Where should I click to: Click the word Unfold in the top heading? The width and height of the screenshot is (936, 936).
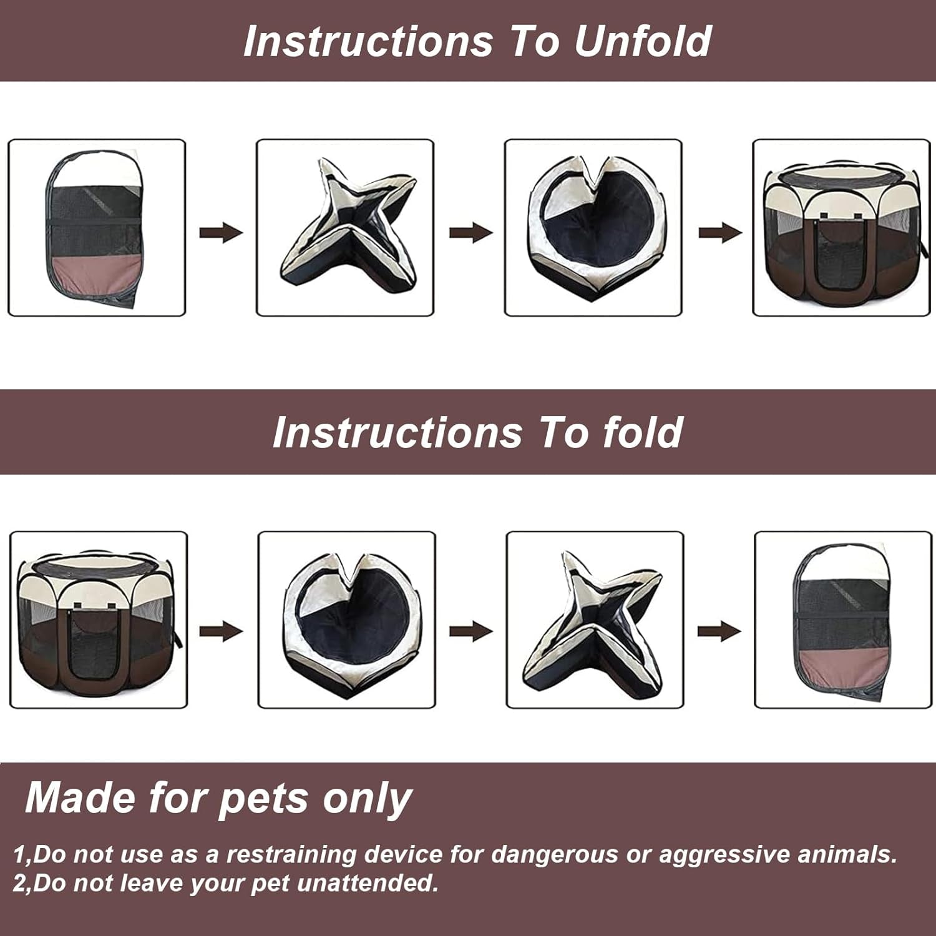[x=643, y=41]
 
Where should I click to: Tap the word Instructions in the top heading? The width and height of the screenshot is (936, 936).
[x=368, y=41]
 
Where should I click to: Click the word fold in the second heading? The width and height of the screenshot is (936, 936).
[x=643, y=432]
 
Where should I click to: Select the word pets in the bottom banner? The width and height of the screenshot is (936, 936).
[x=261, y=798]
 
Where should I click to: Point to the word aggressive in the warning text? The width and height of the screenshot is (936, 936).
[x=724, y=854]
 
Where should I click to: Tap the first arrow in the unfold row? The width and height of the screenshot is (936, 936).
[x=221, y=233]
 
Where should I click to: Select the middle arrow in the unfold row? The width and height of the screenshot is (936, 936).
[x=470, y=233]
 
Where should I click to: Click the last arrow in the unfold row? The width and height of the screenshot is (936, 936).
[x=720, y=233]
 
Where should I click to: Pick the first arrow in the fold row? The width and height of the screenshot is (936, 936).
[x=221, y=631]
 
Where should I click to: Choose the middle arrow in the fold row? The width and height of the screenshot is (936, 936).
[x=470, y=631]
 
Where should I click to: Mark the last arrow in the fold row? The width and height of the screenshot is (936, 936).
[x=719, y=631]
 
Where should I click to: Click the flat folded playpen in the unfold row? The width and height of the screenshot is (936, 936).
[x=97, y=228]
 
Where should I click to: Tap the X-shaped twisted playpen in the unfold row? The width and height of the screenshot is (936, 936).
[x=345, y=228]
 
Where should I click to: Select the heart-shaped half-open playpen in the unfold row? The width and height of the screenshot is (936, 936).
[x=593, y=228]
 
